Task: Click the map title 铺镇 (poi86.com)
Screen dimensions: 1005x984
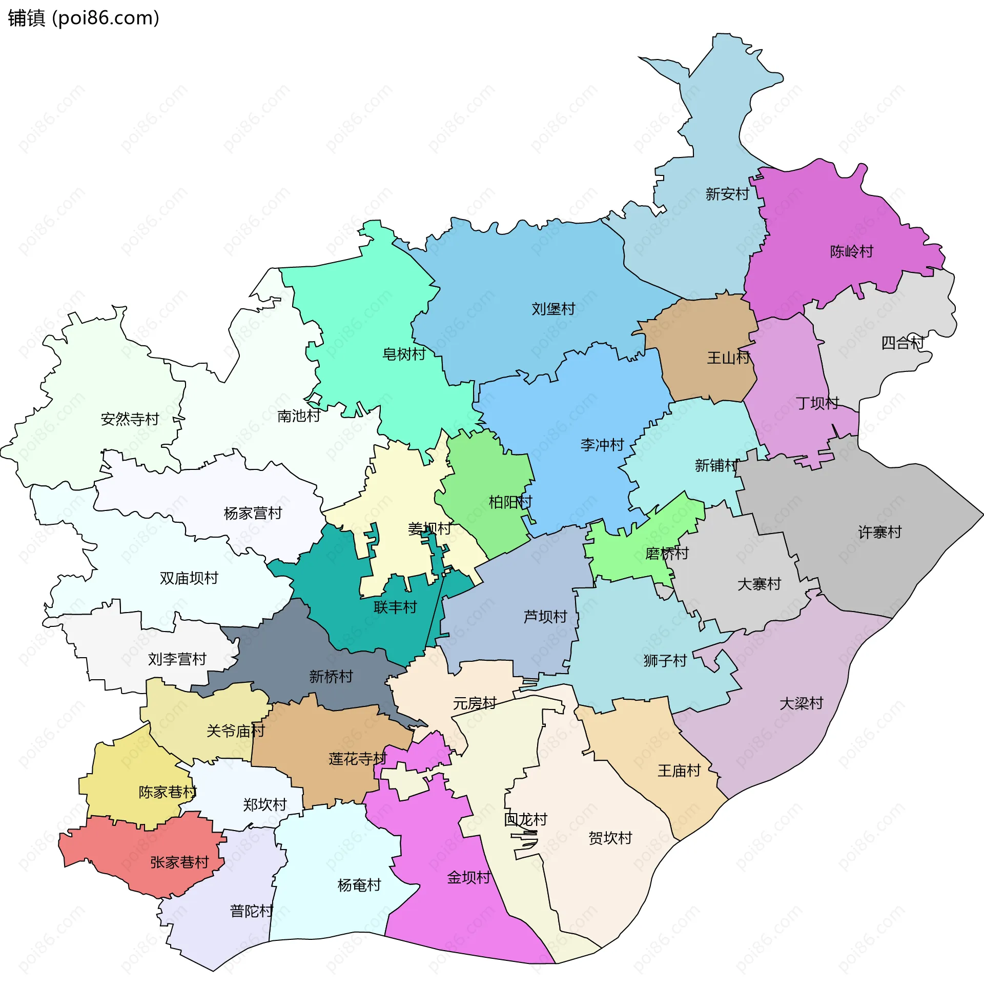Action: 83,18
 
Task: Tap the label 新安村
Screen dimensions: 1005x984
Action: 727,194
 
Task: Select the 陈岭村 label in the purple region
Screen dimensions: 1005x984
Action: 851,252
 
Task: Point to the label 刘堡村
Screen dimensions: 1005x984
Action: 553,309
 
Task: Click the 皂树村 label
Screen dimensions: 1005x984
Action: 404,355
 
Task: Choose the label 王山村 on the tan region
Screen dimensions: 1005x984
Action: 728,358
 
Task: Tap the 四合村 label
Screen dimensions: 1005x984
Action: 903,343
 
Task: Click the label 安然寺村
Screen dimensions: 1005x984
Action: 130,420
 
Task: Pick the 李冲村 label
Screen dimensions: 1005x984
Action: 602,445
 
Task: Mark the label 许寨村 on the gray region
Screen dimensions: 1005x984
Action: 879,533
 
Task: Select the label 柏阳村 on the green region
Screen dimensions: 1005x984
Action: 510,502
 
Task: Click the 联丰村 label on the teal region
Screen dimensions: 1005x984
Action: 395,608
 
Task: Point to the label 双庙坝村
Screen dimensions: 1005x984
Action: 189,579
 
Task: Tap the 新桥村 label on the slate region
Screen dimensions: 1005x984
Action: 331,677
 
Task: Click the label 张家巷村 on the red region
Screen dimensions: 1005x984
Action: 179,863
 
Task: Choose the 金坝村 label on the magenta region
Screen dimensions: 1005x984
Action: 468,878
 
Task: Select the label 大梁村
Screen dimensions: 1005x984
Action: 801,704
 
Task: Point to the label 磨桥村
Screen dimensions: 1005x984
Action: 667,554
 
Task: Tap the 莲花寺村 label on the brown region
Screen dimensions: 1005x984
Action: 358,759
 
